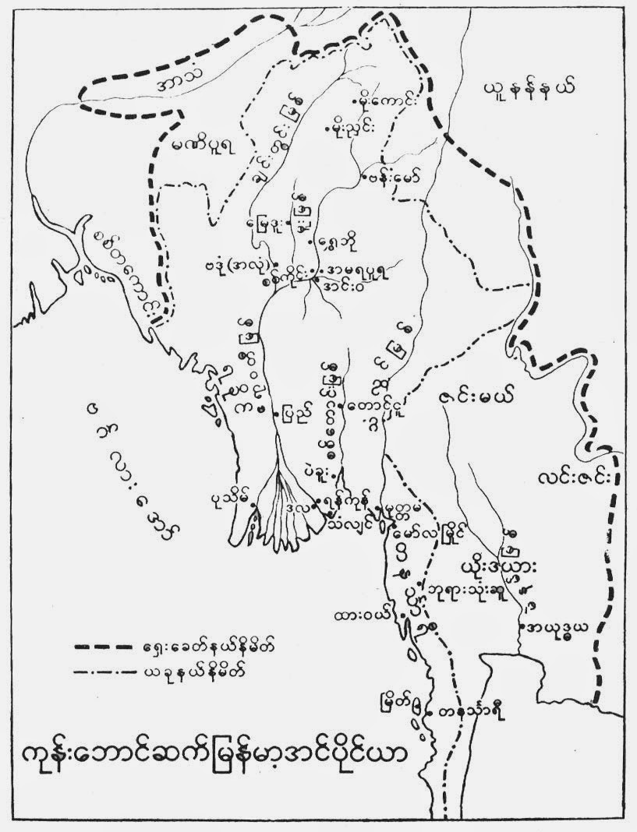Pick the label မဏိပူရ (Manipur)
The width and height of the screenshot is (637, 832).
195,146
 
